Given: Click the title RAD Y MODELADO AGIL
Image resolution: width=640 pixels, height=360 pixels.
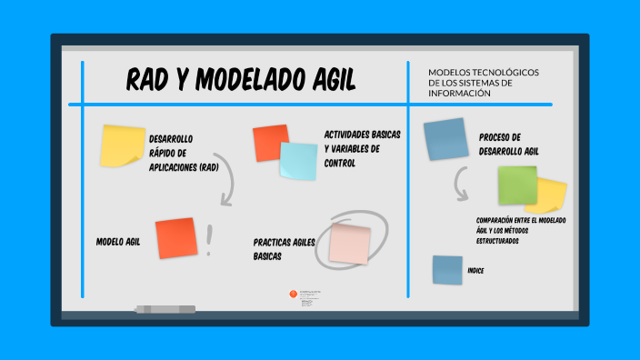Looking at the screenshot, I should point(240,82).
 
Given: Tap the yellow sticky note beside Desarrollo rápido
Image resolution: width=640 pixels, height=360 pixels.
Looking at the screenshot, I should point(123,145).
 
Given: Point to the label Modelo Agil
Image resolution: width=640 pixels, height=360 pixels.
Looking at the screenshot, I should point(118,242).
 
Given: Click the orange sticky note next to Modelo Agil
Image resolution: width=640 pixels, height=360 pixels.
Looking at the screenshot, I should point(176,238).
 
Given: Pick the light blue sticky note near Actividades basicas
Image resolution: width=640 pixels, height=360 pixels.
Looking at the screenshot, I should point(298,161).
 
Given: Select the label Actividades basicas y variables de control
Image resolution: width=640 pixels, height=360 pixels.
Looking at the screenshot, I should point(362,148).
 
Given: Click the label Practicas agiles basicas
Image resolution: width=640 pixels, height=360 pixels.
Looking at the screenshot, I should point(285,249).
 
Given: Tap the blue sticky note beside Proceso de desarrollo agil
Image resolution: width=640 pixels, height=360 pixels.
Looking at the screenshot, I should point(445,138).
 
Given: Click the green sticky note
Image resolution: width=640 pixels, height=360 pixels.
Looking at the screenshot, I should point(516,185).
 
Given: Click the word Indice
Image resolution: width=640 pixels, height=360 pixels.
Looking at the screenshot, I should point(475,271).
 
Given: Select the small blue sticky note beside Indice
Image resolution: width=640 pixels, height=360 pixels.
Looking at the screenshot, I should point(447,270).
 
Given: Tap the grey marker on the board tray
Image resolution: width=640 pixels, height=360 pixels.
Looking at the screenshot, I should point(165,309).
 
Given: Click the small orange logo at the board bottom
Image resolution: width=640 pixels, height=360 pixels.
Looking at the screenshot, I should point(292,294).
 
